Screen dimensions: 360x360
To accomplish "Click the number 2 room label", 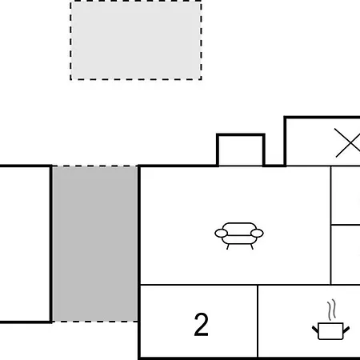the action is tap(202, 324).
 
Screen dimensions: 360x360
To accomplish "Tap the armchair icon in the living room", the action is tap(239, 236).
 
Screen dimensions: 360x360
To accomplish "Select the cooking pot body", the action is tap(330, 331).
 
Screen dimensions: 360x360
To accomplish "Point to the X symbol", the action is tap(347, 142).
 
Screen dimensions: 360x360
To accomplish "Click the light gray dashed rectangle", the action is tap(136, 40).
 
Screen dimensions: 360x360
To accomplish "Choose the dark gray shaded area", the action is tap(95, 244).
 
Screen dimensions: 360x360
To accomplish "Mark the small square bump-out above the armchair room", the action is tap(241, 150).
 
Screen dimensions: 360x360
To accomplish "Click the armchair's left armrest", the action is tap(221, 234).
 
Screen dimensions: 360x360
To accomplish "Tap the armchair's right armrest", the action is tap(257, 234).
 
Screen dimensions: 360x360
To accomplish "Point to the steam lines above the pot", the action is tap(331, 310).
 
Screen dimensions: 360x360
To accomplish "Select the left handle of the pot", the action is tap(315, 330).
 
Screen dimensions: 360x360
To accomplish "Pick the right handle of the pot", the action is tap(346, 330).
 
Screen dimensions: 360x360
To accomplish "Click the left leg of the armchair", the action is tap(228, 246).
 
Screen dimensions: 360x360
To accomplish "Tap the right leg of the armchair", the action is tap(251, 246).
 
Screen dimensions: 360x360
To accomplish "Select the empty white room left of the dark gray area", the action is tap(25, 244).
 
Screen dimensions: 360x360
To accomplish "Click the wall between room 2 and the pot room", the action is tap(258, 321).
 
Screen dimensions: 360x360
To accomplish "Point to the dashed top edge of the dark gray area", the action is tap(95, 166).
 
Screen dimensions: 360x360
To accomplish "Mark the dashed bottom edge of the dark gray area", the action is tap(95, 322).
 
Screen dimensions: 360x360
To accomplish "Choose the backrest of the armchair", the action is tap(239, 226).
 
